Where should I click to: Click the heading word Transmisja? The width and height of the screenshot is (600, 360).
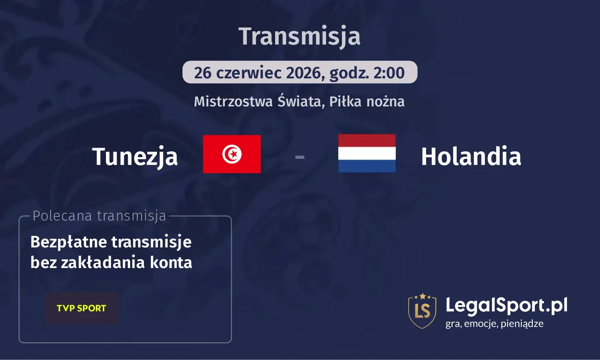(x=299, y=36)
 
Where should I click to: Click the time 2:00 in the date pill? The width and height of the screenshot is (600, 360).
(x=389, y=73)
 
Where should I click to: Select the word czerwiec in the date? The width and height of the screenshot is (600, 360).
(x=249, y=73)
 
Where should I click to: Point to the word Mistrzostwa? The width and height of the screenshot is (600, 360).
(x=233, y=101)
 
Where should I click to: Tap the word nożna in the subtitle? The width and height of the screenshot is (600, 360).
(x=385, y=101)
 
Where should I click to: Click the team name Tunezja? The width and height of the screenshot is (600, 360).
(x=135, y=157)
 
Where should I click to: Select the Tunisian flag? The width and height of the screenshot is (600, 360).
(x=232, y=154)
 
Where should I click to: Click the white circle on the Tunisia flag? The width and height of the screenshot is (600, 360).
(x=232, y=154)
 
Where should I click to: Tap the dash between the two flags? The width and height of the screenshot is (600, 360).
(x=300, y=157)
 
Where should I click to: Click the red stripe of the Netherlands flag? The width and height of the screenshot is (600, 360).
(x=367, y=141)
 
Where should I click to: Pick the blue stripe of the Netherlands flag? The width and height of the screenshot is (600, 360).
(x=367, y=166)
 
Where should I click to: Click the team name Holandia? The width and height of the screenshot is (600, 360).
(x=471, y=157)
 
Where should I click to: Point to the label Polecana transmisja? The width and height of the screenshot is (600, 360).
(x=99, y=216)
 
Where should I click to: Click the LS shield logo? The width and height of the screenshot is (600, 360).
(x=422, y=311)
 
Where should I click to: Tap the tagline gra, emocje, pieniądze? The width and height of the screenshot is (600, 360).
(x=494, y=324)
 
